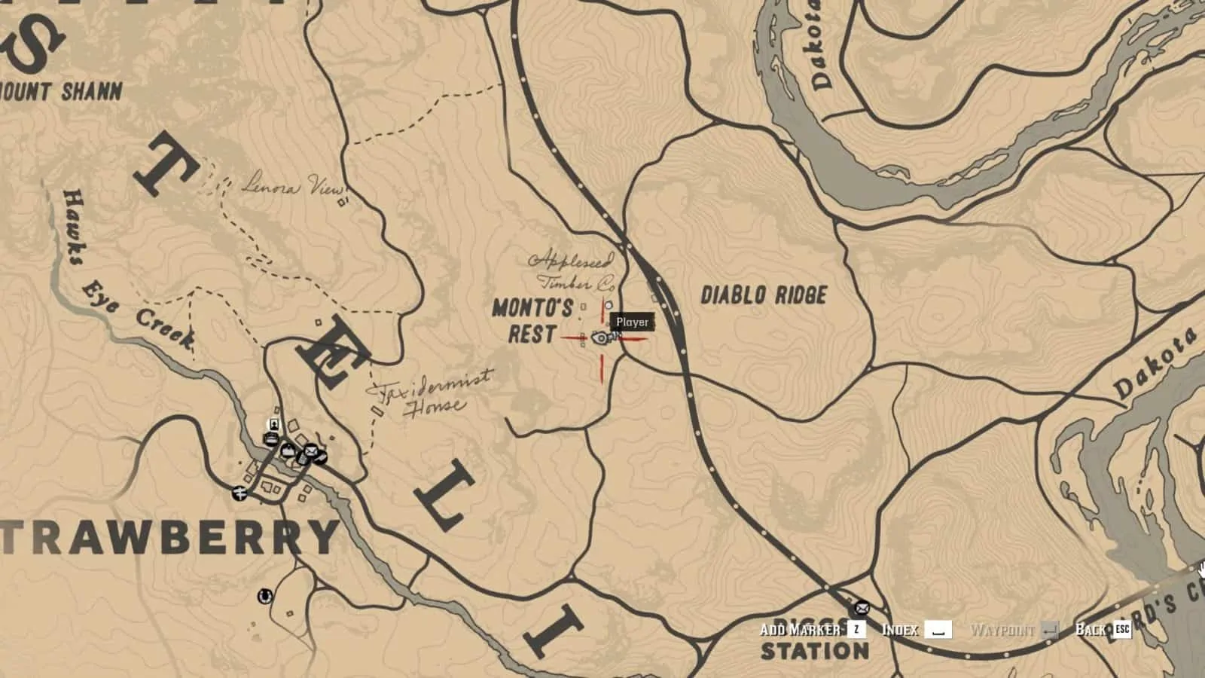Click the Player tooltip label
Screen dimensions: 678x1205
coord(632,322)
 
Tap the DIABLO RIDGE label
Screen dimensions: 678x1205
coord(764,295)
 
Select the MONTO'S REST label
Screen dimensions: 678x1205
coord(532,321)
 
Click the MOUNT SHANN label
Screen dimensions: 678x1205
coord(60,92)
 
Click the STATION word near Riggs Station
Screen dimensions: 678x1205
coord(816,650)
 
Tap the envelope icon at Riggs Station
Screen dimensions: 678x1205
coord(860,608)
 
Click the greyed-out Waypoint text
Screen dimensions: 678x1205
coord(1002,630)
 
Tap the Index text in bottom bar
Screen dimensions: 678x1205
coord(900,630)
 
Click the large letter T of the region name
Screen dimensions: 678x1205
coord(167,167)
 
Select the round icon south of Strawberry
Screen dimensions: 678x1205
coord(264,597)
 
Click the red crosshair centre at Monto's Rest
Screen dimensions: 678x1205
coord(601,338)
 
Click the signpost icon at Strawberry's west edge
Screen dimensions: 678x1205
coord(240,493)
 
